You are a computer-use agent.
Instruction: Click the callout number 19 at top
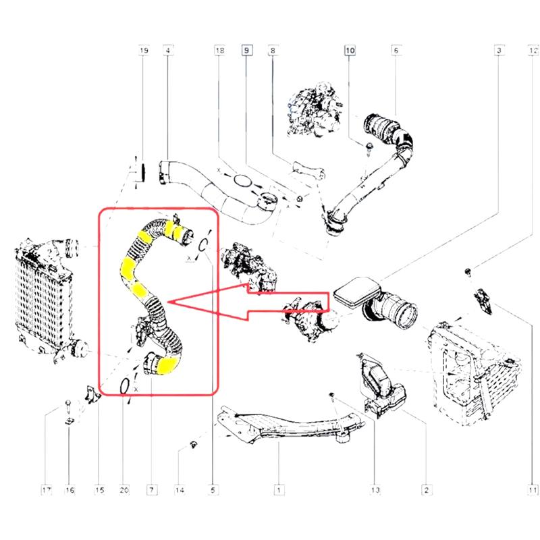point(143,51)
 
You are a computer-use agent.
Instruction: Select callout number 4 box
point(167,51)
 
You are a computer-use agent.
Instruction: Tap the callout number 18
point(219,51)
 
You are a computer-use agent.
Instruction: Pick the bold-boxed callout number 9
point(247,51)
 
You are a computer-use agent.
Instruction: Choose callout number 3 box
point(498,51)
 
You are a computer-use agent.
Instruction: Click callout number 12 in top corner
point(533,51)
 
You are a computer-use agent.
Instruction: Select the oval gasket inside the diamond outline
point(242,180)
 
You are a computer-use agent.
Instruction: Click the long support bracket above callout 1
point(283,429)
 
